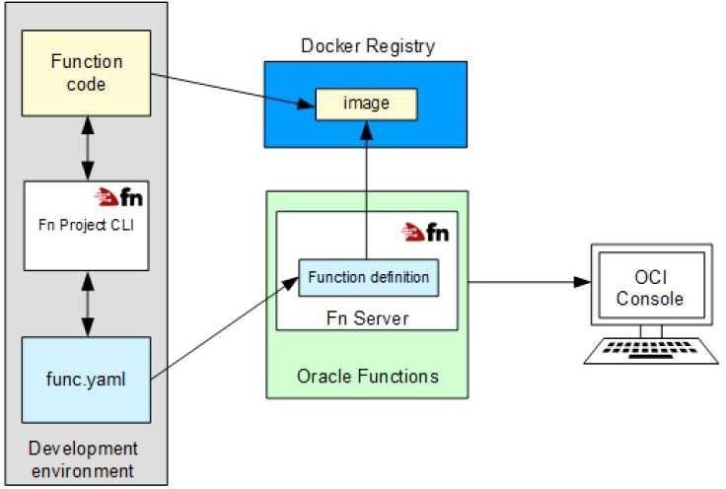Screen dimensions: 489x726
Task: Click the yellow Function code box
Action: [x=86, y=73]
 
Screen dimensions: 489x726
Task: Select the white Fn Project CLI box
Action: [x=86, y=224]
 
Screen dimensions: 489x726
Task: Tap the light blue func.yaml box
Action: [x=86, y=379]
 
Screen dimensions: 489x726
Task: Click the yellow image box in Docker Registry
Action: [x=365, y=103]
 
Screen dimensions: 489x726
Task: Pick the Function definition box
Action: [x=368, y=277]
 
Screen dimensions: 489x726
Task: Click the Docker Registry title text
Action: [x=367, y=46]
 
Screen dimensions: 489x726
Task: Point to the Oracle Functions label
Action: [x=367, y=377]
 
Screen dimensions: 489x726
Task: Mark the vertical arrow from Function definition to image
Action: [x=368, y=187]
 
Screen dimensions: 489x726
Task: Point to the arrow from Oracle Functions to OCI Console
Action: [x=523, y=282]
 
